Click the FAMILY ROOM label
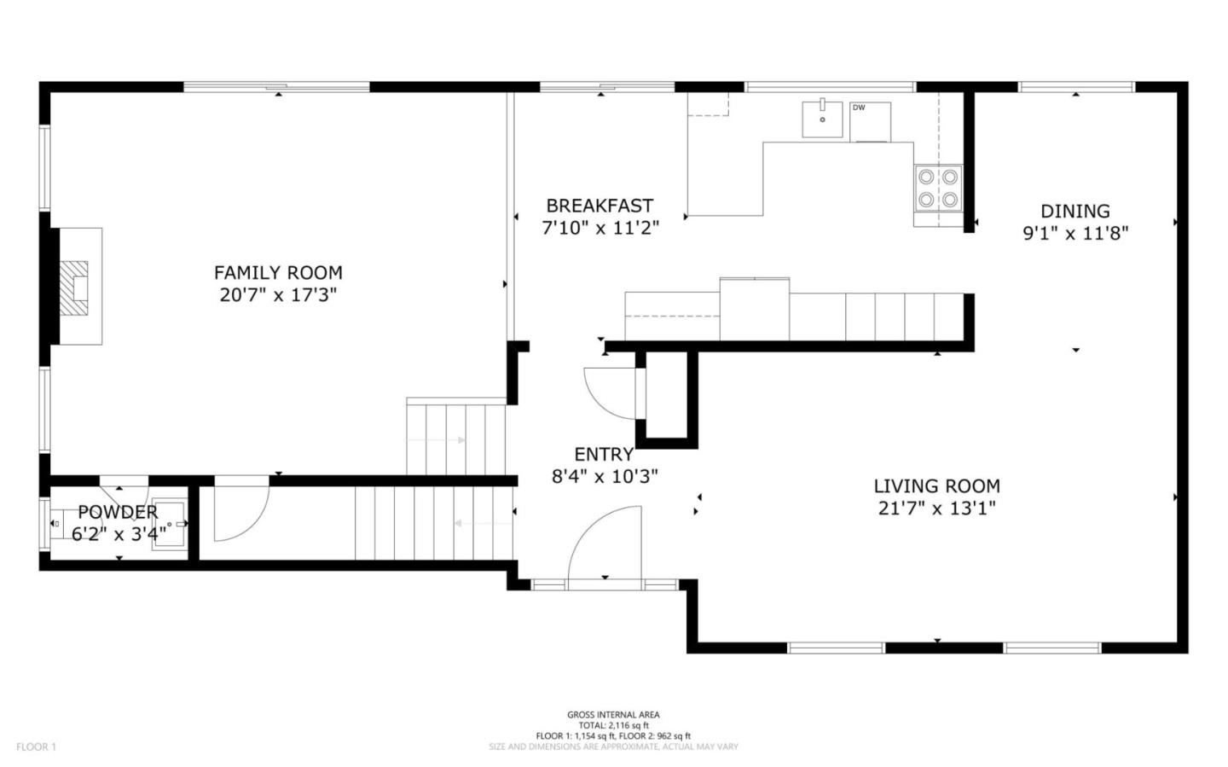point(278,273)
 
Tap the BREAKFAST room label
point(600,206)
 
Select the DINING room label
point(1075,212)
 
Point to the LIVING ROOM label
point(937,486)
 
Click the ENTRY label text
point(604,454)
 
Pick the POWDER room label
point(118,512)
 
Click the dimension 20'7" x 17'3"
point(278,295)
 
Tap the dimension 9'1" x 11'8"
point(1075,234)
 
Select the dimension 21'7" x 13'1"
point(937,508)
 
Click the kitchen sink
point(822,119)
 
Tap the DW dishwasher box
point(870,122)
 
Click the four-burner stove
point(938,188)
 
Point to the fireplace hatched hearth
point(73,288)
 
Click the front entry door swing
point(605,548)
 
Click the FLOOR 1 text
point(36,747)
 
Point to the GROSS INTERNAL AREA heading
point(613,714)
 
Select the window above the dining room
point(1076,87)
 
